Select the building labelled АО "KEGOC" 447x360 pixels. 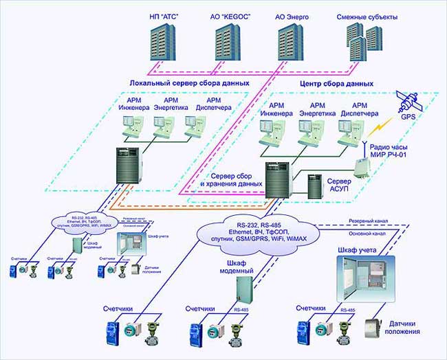point(227,42)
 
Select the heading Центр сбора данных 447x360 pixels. point(337,83)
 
